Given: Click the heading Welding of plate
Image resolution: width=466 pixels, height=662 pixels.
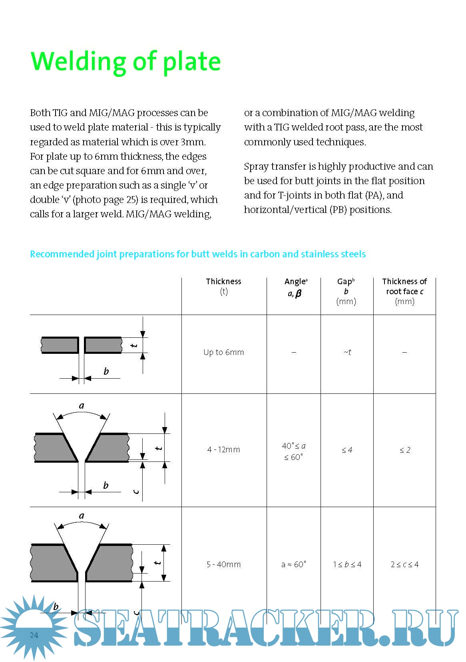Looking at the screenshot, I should pos(125,61).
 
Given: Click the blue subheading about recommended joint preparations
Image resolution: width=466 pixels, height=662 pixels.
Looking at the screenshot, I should pos(198,254).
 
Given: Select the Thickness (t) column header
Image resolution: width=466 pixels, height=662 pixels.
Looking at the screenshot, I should pos(223,286).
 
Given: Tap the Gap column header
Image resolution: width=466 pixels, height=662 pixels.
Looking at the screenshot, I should pos(346,291).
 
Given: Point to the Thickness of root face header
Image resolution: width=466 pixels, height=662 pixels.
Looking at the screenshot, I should pos(404,291).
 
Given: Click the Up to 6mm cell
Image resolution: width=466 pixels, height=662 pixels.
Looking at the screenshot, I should pos(223,352).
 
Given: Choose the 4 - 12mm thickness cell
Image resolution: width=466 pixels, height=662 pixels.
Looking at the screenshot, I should pos(223,449).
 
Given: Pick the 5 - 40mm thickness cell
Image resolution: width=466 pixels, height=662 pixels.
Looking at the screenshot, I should pos(223,564).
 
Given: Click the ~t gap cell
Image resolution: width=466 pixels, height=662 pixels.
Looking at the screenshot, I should pos(347,352).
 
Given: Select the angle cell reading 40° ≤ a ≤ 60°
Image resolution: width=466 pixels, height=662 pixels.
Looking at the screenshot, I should pos(293,451).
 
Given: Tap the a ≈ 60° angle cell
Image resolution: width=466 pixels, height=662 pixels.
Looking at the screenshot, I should pos(293,564).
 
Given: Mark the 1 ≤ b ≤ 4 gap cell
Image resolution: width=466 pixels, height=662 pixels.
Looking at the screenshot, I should pos(347,564).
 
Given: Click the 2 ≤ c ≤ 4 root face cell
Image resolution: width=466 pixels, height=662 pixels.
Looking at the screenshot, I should pos(404,564).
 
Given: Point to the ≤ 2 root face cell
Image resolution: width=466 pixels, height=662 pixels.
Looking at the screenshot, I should pos(404,450).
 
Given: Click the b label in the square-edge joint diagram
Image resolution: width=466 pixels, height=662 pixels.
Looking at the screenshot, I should pos(106,371).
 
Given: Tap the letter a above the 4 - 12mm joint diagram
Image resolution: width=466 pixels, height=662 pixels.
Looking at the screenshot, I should pos(82,406).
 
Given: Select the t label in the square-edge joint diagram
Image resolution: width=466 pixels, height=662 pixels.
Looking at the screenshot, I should pos(135,345).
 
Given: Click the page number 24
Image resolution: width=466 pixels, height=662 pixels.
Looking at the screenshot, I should pos(34,635).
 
